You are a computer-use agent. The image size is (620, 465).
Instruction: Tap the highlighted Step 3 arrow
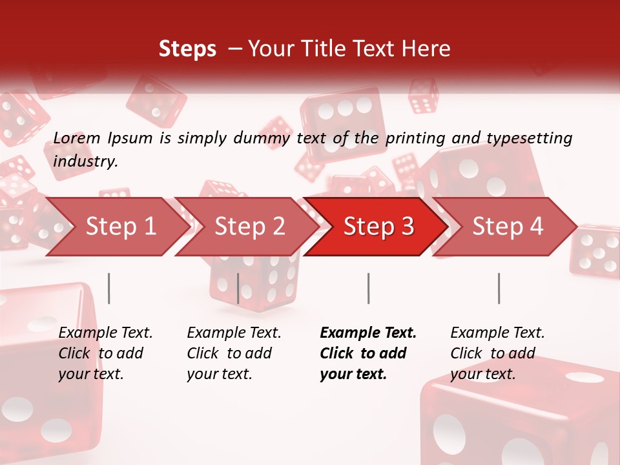point(378,227)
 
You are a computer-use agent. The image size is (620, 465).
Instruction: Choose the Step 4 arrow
point(508,227)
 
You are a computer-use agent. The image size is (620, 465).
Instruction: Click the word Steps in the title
point(187,49)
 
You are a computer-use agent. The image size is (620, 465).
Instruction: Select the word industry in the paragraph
point(85,161)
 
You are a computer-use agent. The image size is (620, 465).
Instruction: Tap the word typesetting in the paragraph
point(529,138)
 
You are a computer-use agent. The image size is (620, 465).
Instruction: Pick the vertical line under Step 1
point(109,288)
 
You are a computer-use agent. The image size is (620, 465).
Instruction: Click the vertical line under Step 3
point(368,288)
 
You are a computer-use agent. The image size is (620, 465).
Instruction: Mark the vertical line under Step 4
point(499,288)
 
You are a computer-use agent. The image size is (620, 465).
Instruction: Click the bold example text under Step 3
point(367,353)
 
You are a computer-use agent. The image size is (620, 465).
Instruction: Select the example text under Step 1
point(105,353)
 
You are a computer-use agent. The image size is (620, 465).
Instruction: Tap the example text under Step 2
point(234,353)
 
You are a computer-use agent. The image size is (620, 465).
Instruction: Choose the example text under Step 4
point(497,353)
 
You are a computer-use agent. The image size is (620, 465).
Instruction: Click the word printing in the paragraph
point(411,138)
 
